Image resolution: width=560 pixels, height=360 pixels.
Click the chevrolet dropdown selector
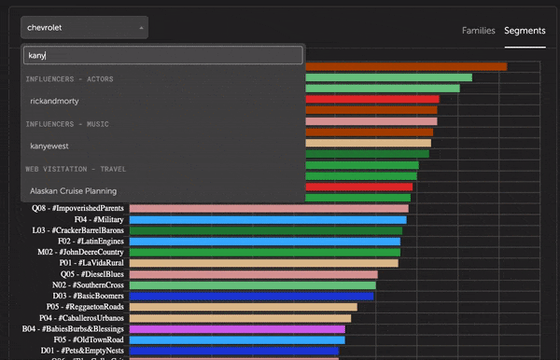pos(84,28)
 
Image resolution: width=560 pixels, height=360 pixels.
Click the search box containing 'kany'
pos(163,55)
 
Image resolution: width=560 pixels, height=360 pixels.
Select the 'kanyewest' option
pos(49,145)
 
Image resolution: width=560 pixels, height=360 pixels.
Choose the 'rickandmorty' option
pos(55,100)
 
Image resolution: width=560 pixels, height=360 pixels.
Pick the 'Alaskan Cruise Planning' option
pos(73,190)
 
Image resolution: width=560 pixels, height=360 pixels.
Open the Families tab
pos(478,31)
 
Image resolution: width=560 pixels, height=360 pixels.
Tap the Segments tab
pos(525,31)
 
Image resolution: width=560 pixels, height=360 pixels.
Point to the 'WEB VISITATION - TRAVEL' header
pos(77,168)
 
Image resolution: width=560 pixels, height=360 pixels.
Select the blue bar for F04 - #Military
pos(266,219)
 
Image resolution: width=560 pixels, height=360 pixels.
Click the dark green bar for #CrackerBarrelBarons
pos(265,230)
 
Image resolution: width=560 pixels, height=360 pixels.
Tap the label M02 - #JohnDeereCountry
pos(80,252)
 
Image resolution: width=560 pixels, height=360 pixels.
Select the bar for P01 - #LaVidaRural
pos(263,263)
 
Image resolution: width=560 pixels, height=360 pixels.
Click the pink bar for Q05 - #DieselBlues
pos(253,274)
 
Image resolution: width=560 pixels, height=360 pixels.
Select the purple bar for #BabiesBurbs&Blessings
pos(237,329)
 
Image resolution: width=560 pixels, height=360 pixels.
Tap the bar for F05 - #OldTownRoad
pos(236,340)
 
